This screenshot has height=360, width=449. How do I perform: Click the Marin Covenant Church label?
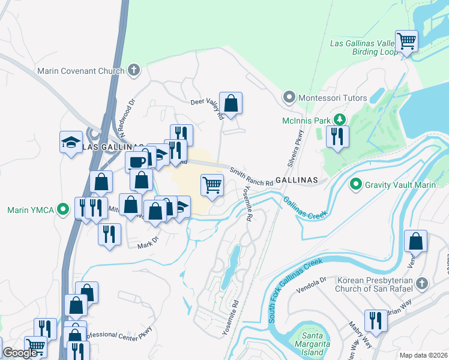click(x=80, y=71)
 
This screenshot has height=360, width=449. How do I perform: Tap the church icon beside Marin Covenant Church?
click(x=133, y=70)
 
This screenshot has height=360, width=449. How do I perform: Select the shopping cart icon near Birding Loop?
click(x=407, y=41)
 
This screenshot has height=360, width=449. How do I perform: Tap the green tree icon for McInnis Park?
click(x=340, y=120)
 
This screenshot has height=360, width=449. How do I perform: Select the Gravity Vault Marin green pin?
click(x=355, y=184)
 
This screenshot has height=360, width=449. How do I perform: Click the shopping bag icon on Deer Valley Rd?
click(x=231, y=103)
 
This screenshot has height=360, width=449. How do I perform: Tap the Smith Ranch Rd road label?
click(x=247, y=176)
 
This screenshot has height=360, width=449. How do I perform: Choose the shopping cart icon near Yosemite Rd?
click(x=212, y=185)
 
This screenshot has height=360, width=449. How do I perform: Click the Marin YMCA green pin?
click(x=63, y=210)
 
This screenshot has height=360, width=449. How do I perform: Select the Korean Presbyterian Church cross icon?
click(x=422, y=283)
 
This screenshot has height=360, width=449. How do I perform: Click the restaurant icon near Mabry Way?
click(x=376, y=321)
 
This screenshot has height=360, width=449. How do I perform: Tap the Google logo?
click(x=20, y=353)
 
